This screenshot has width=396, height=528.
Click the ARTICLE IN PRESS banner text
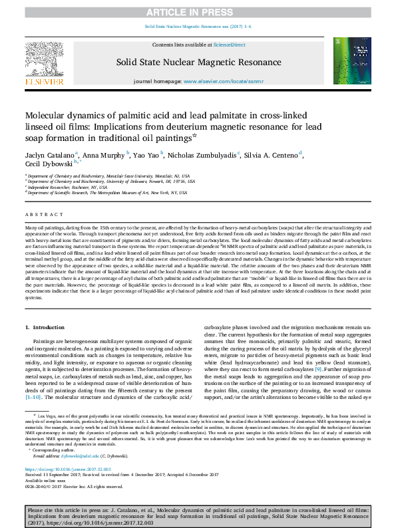[198, 12]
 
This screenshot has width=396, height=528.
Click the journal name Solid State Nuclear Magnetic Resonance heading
[198, 62]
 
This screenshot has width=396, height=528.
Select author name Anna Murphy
[100, 154]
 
